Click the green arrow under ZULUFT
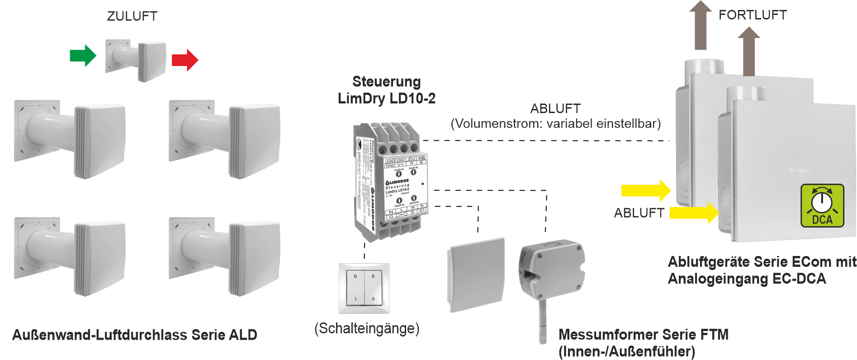click(x=83, y=56)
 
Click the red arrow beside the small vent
click(x=185, y=60)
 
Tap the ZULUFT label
click(x=132, y=16)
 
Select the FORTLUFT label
click(x=753, y=15)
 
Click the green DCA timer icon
click(x=822, y=205)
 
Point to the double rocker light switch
click(x=364, y=288)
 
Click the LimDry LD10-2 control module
click(x=389, y=181)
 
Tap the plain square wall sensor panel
click(x=476, y=274)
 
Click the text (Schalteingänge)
click(x=367, y=328)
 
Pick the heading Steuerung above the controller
click(x=386, y=81)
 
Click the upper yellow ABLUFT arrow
click(x=646, y=190)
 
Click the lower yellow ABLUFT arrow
click(x=694, y=213)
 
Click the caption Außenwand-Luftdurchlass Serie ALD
click(x=135, y=335)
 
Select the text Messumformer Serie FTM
click(x=643, y=335)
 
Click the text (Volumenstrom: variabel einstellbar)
click(x=556, y=123)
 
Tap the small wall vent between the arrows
click(x=136, y=61)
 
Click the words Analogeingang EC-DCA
click(x=747, y=279)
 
